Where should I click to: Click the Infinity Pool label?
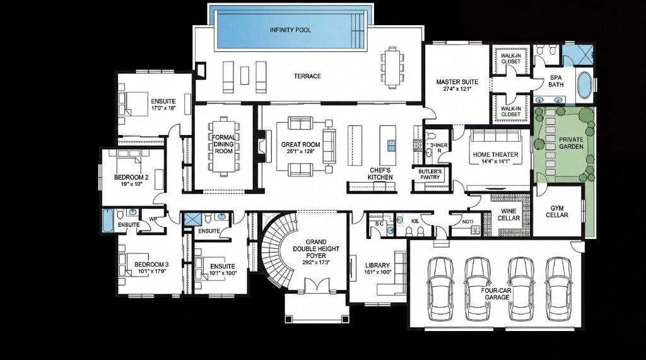coord(290,30)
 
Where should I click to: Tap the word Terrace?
coord(307,76)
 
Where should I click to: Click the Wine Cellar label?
coord(509,214)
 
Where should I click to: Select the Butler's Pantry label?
coord(430,174)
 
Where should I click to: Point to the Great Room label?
coord(300,148)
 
